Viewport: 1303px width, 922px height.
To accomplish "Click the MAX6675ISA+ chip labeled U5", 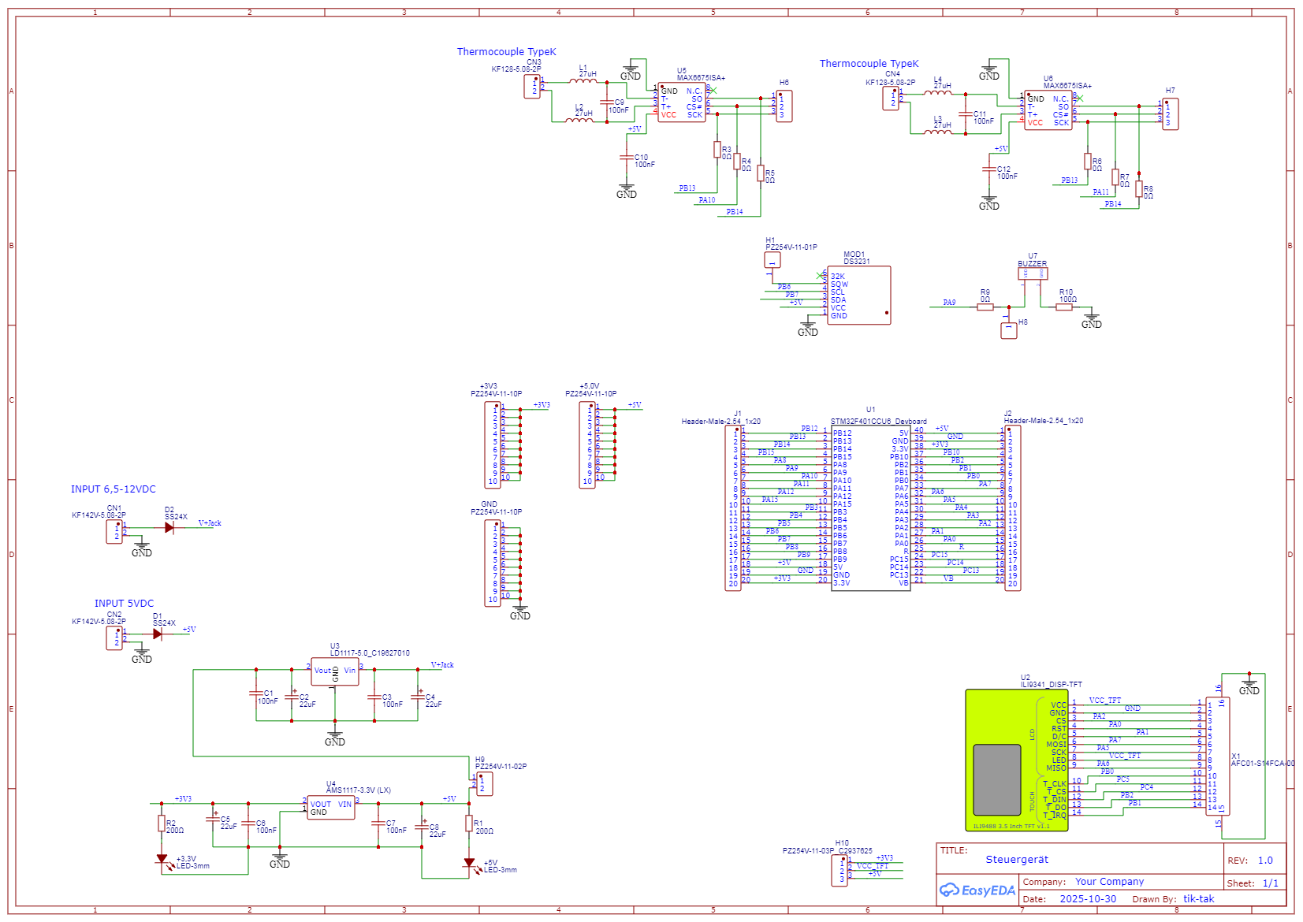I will (682, 102).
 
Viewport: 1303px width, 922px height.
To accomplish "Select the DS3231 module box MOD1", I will (858, 296).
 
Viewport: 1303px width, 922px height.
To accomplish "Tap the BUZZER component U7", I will (1033, 273).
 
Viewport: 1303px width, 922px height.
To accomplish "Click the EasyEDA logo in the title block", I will (977, 890).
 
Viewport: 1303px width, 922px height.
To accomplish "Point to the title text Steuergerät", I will (1017, 860).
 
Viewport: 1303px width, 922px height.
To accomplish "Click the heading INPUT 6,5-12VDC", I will (114, 489).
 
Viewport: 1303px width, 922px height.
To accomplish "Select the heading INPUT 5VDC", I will (125, 604).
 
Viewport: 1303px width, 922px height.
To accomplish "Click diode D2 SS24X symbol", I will (169, 528).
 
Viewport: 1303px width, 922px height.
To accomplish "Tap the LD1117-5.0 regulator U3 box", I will (335, 671).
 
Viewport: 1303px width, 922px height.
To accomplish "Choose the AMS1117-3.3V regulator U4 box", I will (331, 808).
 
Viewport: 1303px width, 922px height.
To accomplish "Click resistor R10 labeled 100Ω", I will (1064, 307).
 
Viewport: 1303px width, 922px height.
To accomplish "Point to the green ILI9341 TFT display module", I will (1016, 760).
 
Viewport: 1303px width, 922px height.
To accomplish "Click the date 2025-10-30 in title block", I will (1088, 899).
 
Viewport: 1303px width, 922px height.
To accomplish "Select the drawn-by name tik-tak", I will (1198, 899).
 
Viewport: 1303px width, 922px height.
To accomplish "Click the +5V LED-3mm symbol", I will (470, 864).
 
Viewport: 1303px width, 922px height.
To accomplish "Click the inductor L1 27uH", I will (583, 80).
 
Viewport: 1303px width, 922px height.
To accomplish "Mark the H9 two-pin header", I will (485, 784).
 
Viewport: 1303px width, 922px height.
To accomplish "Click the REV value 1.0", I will (1265, 861).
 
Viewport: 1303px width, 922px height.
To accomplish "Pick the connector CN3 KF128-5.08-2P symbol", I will (533, 87).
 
